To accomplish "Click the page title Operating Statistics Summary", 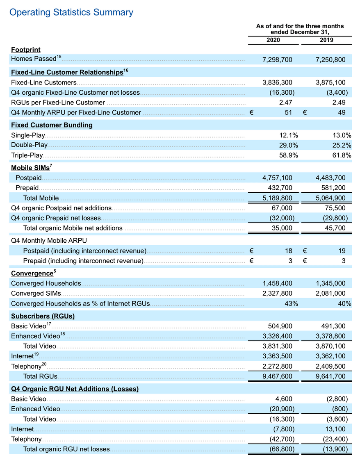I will [x=71, y=12].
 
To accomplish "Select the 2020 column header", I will [x=273, y=40].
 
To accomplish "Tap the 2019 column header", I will [x=326, y=40].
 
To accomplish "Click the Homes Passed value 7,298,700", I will [x=277, y=60].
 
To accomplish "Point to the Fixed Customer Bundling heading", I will [x=52, y=125].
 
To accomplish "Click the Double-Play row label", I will [x=29, y=145].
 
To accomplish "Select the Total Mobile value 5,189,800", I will [x=277, y=198].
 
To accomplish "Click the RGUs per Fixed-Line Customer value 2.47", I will [x=285, y=103].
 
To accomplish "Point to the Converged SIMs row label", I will [x=36, y=294].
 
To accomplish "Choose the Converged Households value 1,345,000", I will [x=330, y=283].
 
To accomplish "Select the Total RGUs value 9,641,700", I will [x=330, y=376].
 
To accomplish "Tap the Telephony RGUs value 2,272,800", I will [x=277, y=367].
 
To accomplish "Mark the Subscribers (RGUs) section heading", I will [x=43, y=316].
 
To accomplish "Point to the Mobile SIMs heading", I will [x=30, y=168].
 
